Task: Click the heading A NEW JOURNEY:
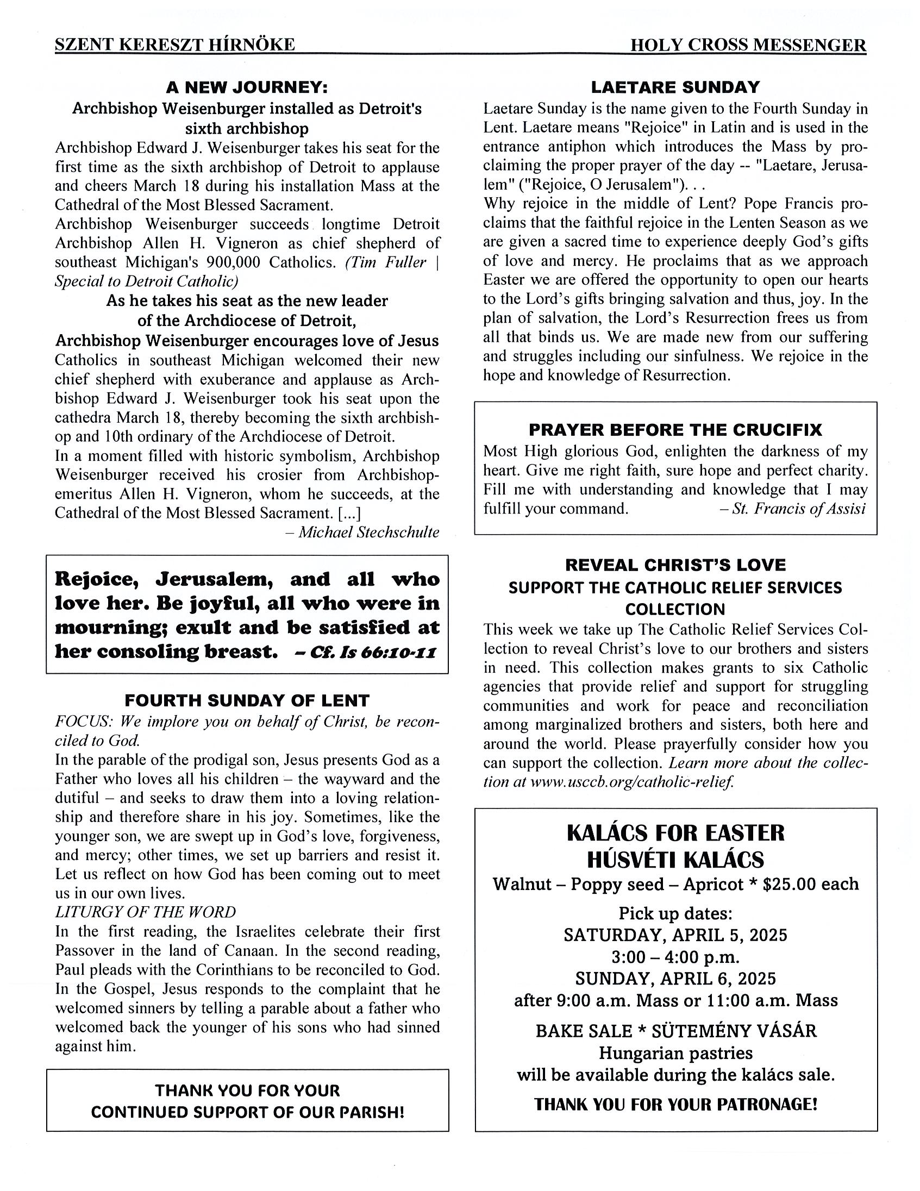(x=247, y=87)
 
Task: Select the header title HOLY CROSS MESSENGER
(x=748, y=45)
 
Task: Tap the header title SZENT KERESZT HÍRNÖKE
(x=174, y=45)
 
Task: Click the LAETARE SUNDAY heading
(x=675, y=87)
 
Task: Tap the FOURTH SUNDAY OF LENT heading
(x=247, y=700)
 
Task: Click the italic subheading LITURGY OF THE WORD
(x=146, y=912)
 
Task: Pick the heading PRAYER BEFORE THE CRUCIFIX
(x=675, y=430)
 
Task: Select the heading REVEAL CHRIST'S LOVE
(x=675, y=565)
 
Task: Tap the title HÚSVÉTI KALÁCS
(x=675, y=860)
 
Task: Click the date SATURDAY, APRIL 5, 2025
(x=675, y=935)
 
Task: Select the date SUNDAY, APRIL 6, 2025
(x=675, y=979)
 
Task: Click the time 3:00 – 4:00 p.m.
(x=675, y=957)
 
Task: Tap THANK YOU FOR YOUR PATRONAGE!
(x=675, y=1104)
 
